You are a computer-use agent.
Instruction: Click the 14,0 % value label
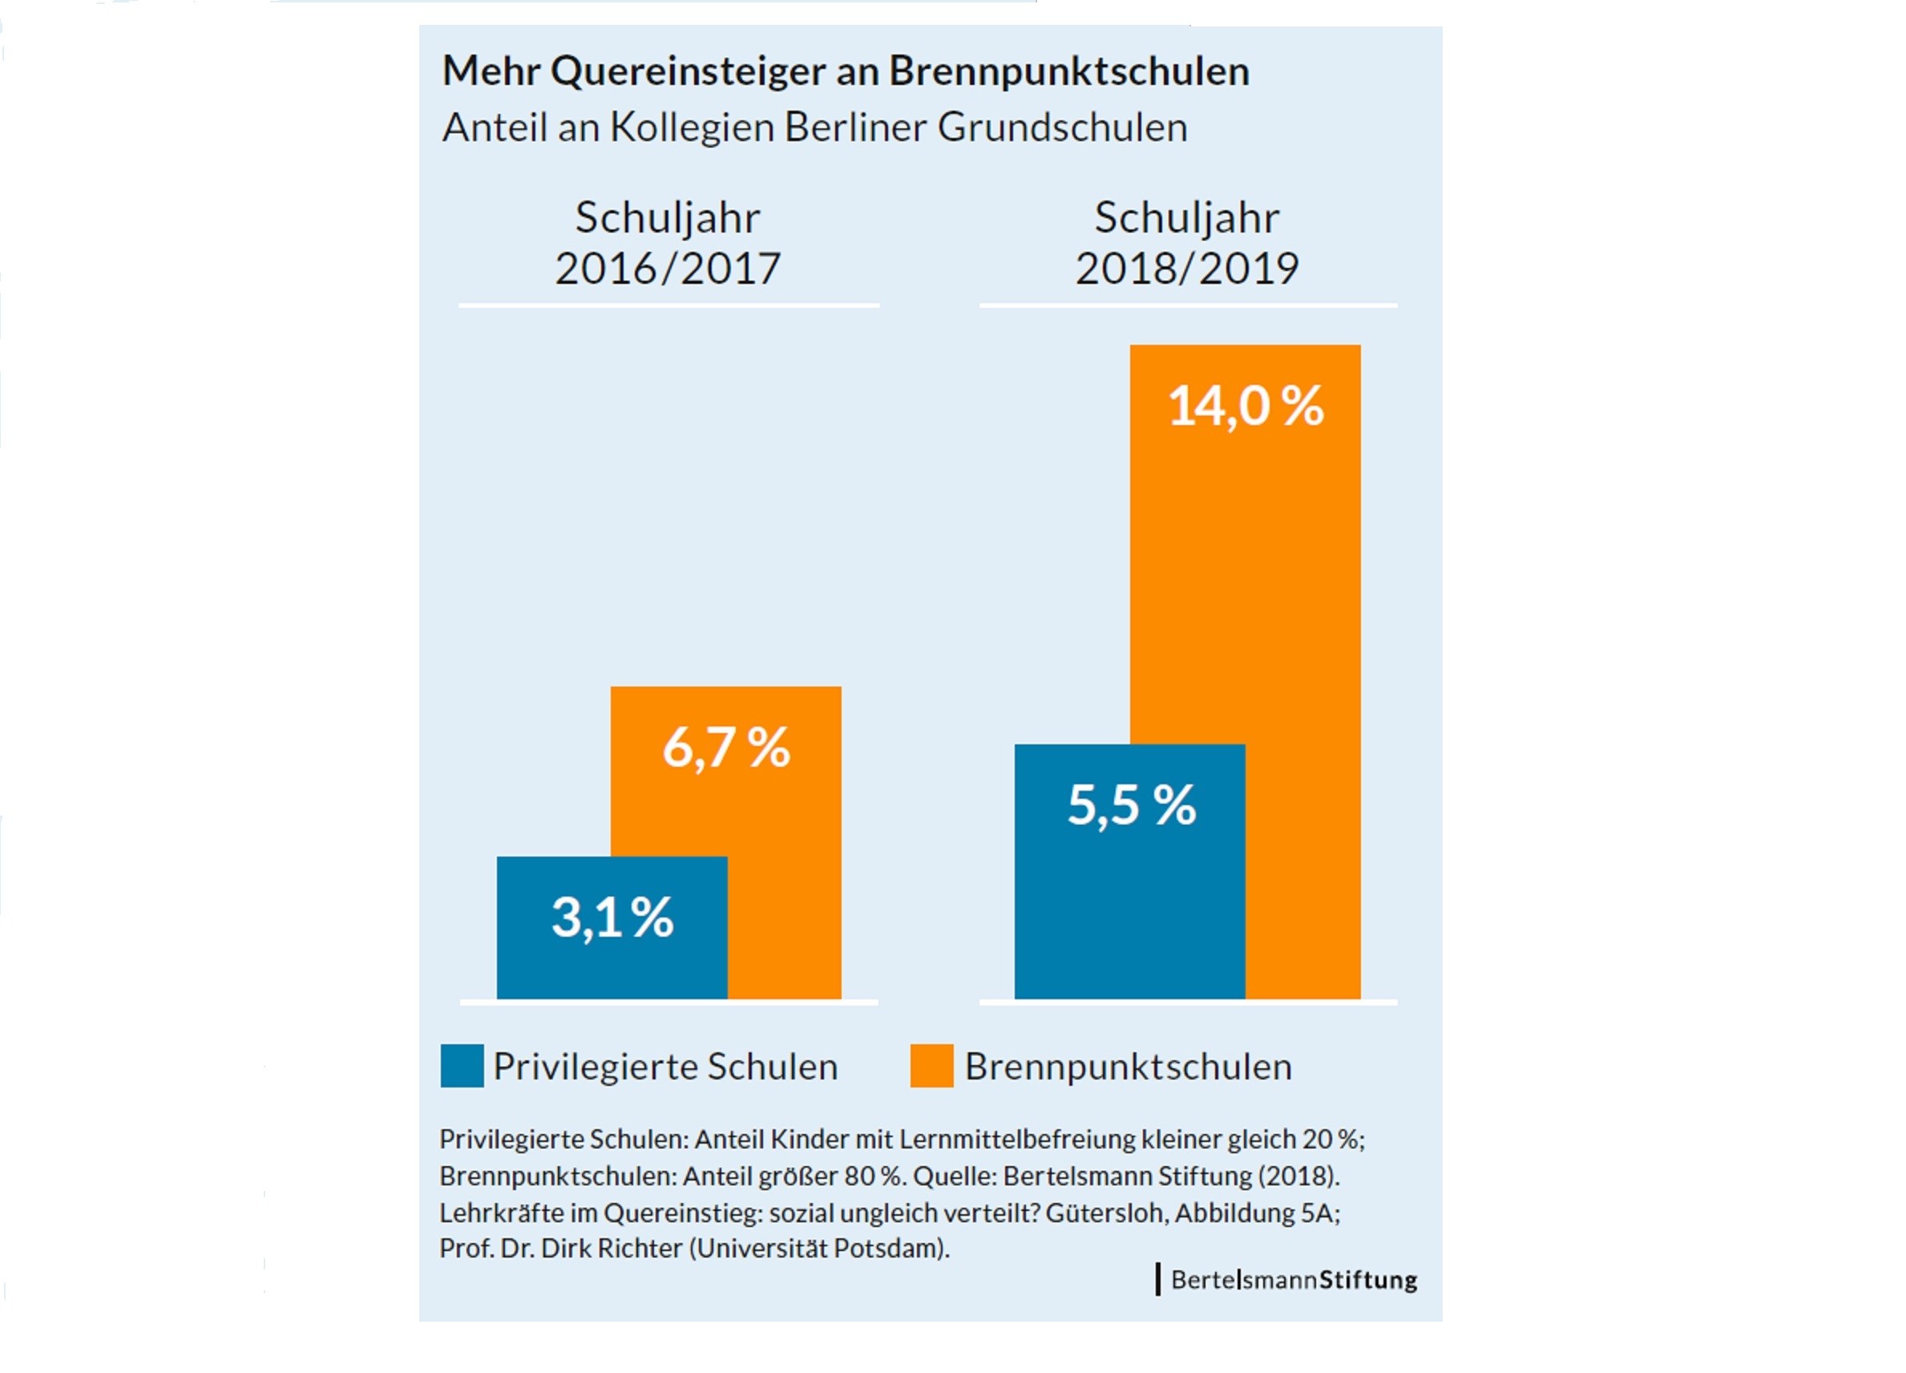click(1246, 406)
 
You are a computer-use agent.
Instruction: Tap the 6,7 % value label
click(726, 747)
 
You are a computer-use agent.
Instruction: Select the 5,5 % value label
click(1131, 804)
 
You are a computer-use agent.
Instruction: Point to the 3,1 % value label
click(612, 917)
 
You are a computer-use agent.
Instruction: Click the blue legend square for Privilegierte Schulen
click(462, 1065)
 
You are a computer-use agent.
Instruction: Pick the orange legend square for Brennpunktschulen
click(931, 1065)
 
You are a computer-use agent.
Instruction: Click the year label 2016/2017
click(668, 268)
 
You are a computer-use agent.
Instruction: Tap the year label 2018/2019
click(1186, 268)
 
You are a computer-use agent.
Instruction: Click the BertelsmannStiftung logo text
click(1294, 1280)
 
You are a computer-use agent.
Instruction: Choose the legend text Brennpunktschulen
click(1128, 1066)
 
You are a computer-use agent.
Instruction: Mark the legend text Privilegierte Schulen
click(664, 1066)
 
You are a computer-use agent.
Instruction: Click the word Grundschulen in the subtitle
click(1062, 128)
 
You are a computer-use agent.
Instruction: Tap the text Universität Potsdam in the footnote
click(818, 1248)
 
